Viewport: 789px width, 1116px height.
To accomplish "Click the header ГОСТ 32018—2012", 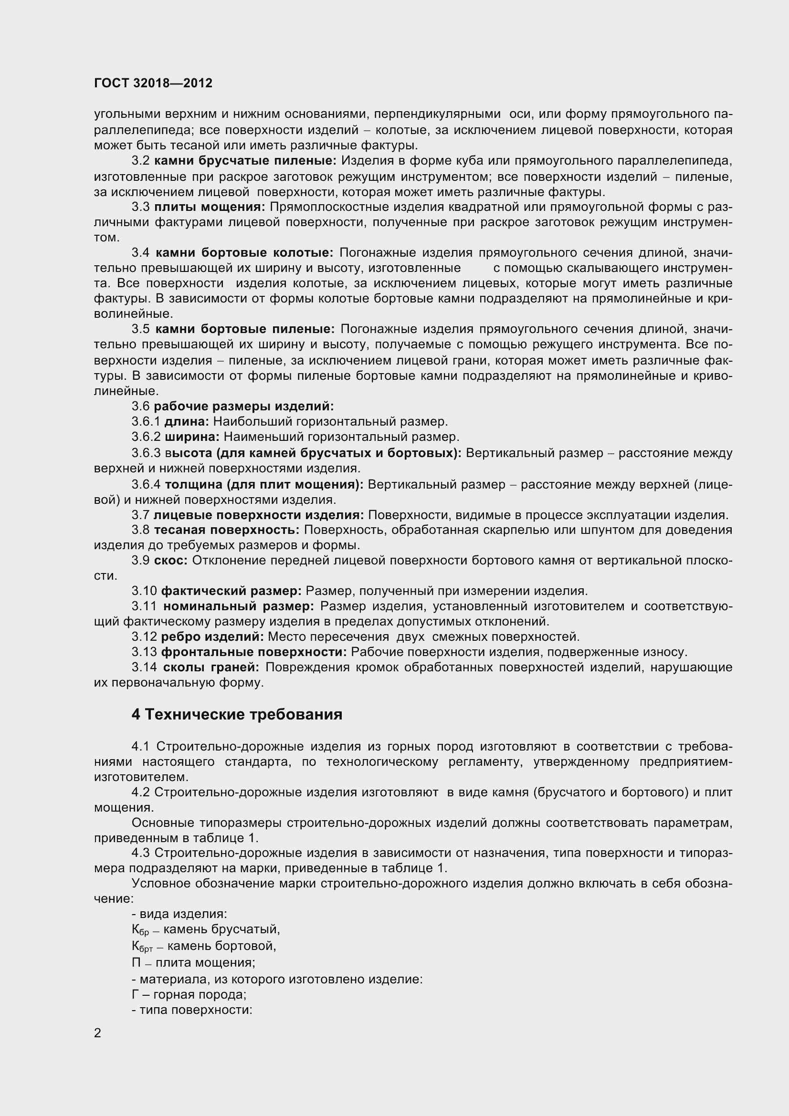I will click(153, 83).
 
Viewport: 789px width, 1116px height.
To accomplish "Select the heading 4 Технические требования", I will click(237, 715).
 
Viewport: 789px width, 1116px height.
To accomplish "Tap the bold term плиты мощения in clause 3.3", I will click(210, 207).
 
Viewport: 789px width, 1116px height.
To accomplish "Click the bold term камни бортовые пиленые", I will click(245, 329).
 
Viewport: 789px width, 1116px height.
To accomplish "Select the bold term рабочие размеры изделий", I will click(244, 406).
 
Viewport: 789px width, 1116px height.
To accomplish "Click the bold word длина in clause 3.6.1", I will click(187, 421).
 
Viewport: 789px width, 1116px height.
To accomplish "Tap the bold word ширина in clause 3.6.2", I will click(192, 437).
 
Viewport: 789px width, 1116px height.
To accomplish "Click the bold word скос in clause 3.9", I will click(170, 561).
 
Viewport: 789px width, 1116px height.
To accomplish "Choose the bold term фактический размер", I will click(231, 591).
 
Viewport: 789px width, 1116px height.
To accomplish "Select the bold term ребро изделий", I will click(212, 637).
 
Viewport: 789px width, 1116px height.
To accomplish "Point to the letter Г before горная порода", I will click(135, 994).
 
